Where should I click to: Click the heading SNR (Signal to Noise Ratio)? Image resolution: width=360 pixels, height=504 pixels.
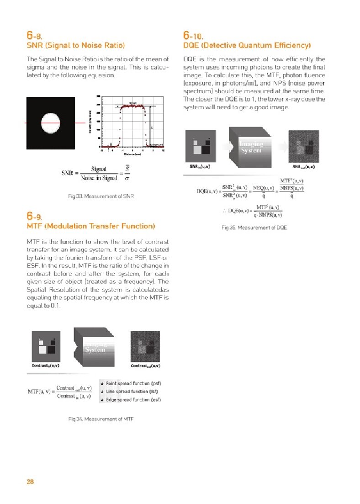click(x=76, y=45)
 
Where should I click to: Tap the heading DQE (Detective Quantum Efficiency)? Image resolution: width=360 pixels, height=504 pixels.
click(x=247, y=45)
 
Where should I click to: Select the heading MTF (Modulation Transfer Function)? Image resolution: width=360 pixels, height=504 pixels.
click(x=91, y=226)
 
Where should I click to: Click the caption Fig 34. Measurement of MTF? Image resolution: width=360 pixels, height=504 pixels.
click(x=101, y=419)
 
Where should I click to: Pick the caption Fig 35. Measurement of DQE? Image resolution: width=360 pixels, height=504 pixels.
click(x=254, y=227)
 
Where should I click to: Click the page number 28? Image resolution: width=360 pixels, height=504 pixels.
click(x=31, y=481)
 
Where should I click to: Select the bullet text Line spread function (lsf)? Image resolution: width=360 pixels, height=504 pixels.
click(x=132, y=391)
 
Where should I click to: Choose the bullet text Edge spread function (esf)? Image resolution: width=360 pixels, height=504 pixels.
click(x=133, y=400)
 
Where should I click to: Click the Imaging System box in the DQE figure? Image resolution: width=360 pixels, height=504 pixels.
click(x=251, y=147)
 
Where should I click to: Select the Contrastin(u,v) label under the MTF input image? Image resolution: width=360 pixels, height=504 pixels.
click(x=46, y=366)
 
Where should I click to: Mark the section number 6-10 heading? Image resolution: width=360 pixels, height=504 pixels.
click(x=193, y=35)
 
